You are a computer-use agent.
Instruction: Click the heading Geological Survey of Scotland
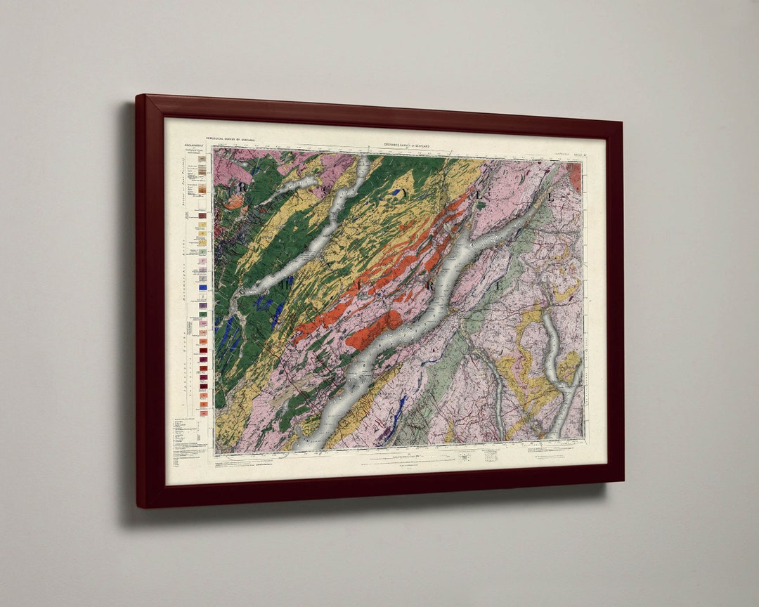pos(233,141)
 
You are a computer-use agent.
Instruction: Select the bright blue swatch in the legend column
pos(202,287)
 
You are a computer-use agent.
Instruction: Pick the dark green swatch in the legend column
pos(202,318)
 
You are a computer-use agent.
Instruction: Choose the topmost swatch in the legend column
pos(202,159)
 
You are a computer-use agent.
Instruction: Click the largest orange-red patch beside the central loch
pos(372,329)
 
